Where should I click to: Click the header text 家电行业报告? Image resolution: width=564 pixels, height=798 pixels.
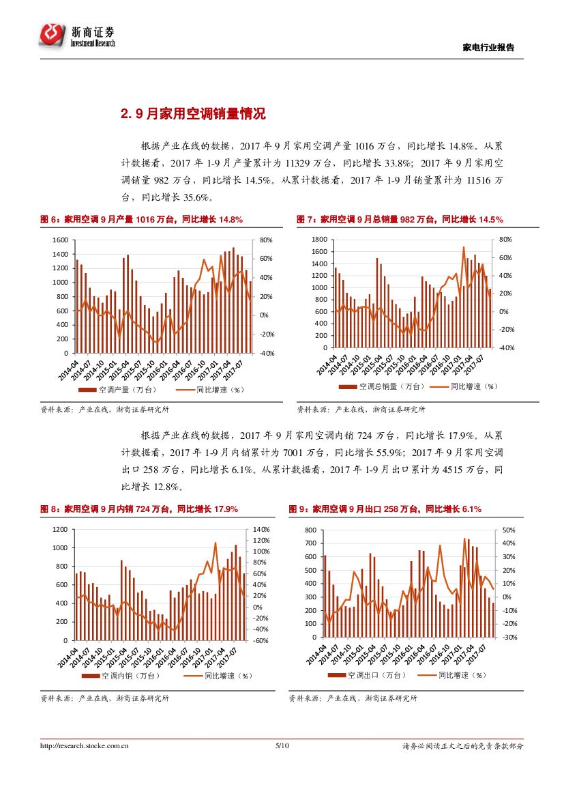pyautogui.click(x=488, y=48)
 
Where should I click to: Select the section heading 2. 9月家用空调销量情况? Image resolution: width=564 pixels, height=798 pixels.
pyautogui.click(x=193, y=114)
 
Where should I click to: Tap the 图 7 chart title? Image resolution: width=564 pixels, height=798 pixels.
pyautogui.click(x=400, y=219)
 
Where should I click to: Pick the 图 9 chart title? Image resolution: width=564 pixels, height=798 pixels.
pyautogui.click(x=385, y=509)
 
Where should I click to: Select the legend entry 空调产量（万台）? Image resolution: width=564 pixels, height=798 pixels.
pyautogui.click(x=118, y=390)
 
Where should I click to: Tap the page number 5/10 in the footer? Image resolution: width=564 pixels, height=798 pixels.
pyautogui.click(x=282, y=746)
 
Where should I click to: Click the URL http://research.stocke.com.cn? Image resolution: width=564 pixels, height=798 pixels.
pyautogui.click(x=85, y=746)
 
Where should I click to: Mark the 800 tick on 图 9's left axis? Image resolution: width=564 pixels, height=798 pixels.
pyautogui.click(x=310, y=530)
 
